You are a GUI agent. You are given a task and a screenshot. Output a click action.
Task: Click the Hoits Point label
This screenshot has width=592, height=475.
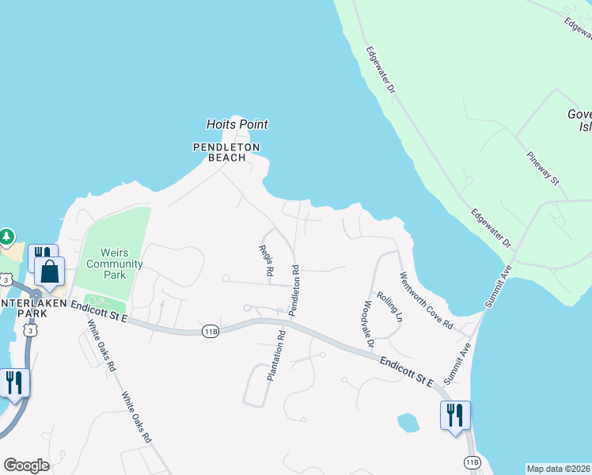click(237, 124)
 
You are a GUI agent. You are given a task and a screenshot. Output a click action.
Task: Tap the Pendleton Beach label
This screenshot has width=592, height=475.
click(227, 152)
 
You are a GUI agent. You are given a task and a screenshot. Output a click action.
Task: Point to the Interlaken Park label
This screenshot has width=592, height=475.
click(24, 313)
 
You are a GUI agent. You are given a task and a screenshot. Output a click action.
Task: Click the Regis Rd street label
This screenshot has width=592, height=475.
click(266, 260)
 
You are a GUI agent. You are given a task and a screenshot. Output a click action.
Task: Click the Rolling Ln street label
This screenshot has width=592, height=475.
click(389, 306)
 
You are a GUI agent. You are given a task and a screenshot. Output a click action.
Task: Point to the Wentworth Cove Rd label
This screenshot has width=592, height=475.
click(426, 302)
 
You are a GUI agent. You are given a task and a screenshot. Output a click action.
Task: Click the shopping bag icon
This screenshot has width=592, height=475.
click(49, 272)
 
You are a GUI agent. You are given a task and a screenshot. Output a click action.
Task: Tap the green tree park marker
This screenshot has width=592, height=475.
click(6, 236)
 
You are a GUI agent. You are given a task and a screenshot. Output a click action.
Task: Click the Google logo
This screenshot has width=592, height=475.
click(26, 465)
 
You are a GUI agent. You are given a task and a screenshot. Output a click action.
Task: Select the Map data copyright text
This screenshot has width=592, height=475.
click(559, 469)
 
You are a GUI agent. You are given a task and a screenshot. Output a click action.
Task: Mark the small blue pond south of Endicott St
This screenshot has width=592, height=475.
click(408, 423)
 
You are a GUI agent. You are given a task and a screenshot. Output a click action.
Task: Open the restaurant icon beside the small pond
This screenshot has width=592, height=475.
click(455, 416)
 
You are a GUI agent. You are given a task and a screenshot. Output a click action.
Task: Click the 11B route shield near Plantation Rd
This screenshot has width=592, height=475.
click(209, 329)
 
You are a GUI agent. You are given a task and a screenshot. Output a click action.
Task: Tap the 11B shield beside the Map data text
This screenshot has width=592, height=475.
click(472, 462)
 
